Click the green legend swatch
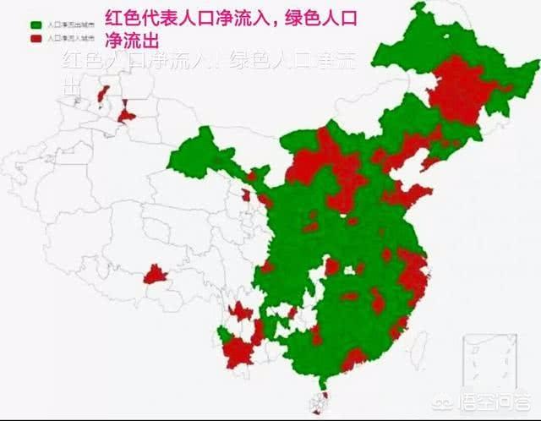point(36,25)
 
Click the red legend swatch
point(36,39)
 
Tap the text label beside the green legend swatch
point(68,25)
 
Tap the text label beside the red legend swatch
point(68,39)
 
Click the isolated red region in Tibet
point(155,274)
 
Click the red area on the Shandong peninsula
point(412,197)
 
